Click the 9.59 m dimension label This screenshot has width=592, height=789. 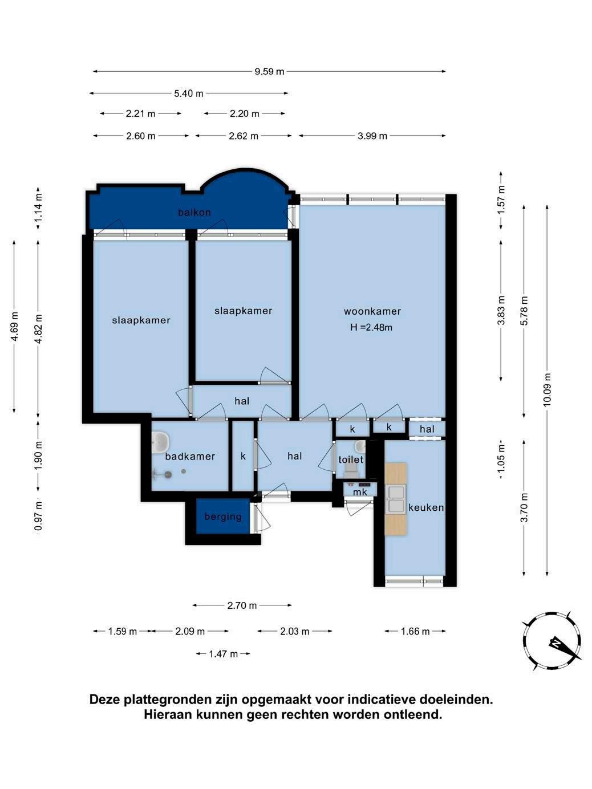269,71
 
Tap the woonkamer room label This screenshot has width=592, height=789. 372,311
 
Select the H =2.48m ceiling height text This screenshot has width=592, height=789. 371,327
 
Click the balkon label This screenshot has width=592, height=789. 194,213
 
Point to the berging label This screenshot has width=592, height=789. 223,517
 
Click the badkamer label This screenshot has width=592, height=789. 190,457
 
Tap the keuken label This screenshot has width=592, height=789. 426,507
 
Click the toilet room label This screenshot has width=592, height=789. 351,459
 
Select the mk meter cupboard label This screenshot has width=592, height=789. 360,492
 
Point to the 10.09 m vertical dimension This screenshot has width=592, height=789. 547,390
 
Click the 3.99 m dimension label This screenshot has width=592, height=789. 372,136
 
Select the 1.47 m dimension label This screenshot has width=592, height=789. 223,654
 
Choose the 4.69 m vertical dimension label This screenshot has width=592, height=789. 14,327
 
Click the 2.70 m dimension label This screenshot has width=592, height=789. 242,605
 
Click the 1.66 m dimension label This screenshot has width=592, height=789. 415,632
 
